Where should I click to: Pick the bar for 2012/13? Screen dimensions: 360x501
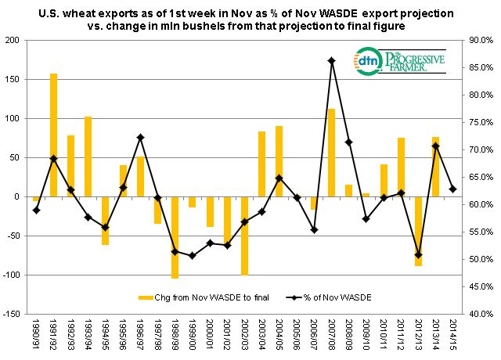(x=418, y=231)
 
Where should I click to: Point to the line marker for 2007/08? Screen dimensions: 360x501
(x=331, y=60)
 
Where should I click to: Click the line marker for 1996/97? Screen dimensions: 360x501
(x=140, y=137)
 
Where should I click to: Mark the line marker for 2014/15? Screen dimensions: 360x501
(x=452, y=189)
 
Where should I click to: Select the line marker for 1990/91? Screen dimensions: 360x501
(x=36, y=210)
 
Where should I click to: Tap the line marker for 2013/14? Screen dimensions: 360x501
(x=435, y=146)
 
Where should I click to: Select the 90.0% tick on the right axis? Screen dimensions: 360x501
(x=477, y=40)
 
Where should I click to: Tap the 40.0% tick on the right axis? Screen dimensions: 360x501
(x=477, y=314)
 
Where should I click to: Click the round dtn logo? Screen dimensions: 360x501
(x=368, y=61)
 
